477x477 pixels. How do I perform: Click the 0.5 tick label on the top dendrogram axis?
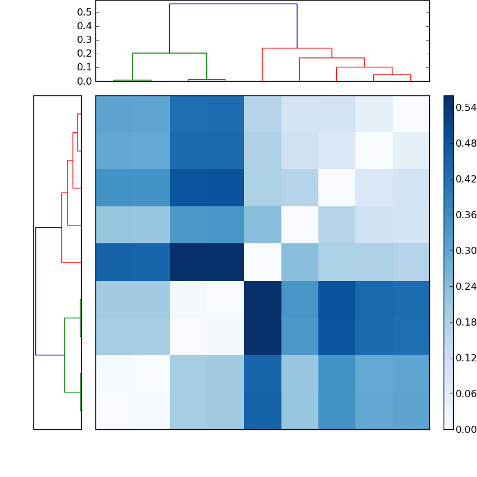(84, 13)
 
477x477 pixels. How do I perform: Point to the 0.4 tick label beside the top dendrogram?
(84, 26)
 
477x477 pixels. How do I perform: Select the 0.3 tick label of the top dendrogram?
(84, 40)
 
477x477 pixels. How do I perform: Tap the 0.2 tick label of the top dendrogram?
(84, 54)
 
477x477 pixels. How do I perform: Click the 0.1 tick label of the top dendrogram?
(84, 67)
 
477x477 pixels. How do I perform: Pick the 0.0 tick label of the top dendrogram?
(84, 81)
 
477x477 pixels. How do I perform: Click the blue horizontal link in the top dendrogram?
(233, 4)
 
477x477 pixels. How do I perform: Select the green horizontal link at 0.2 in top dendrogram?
(169, 53)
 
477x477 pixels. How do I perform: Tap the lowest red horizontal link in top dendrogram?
(392, 75)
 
